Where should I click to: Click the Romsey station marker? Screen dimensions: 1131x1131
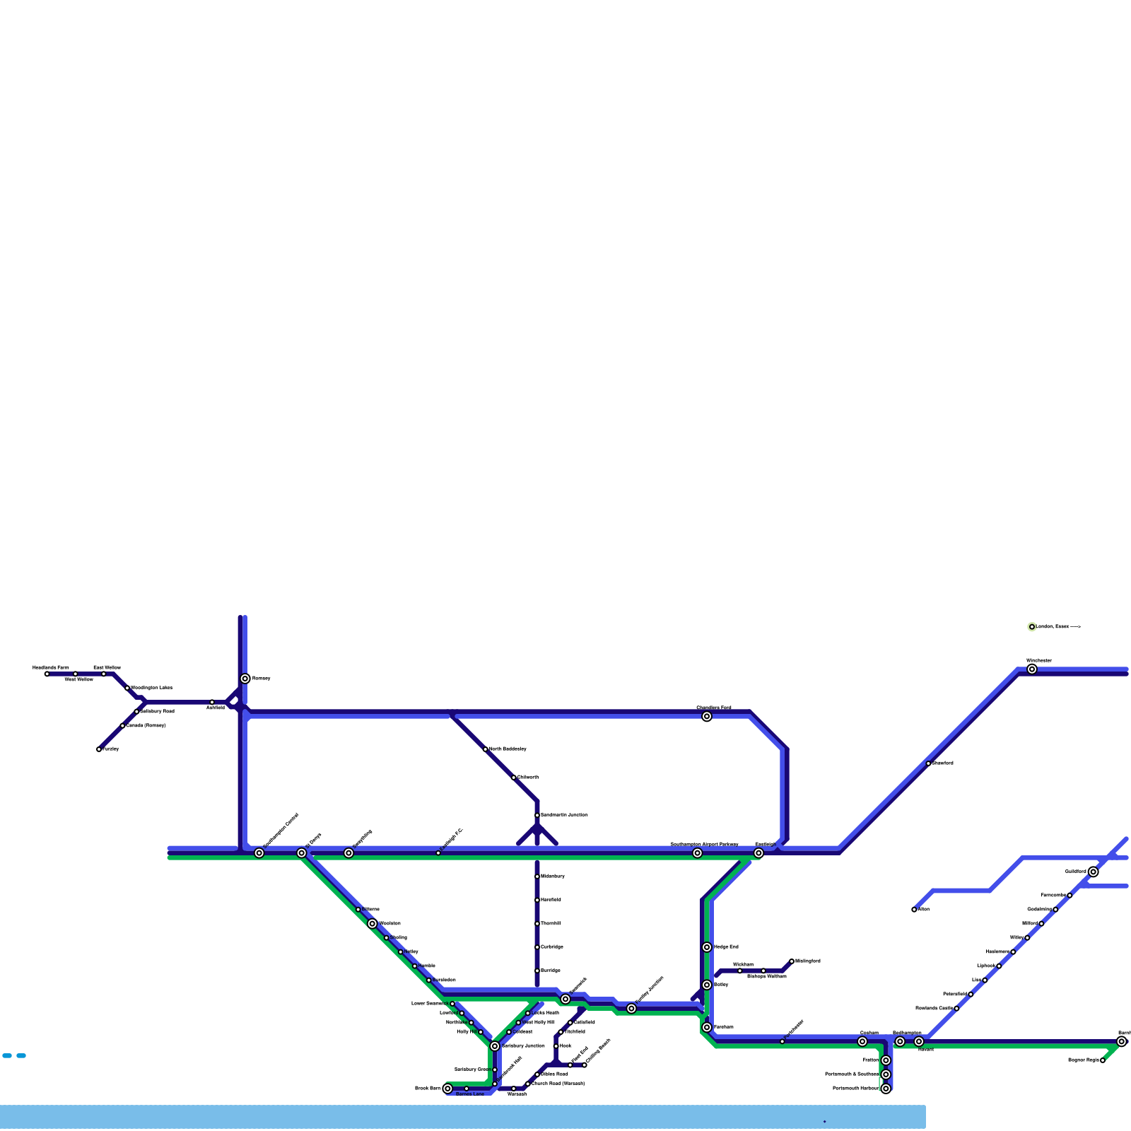coord(245,679)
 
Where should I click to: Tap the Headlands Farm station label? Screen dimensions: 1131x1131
coord(51,667)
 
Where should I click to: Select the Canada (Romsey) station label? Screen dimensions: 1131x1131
coord(146,725)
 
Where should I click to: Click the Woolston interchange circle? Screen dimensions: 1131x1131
coord(373,924)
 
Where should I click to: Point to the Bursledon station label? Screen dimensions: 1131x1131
coord(444,980)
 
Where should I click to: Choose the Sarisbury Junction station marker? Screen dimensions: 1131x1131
coord(495,1046)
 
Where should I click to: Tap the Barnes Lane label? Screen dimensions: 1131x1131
coord(470,1094)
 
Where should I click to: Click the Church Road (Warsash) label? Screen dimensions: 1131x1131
coord(558,1084)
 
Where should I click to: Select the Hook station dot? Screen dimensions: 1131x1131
coord(556,1045)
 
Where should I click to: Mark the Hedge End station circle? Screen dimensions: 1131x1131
coord(707,947)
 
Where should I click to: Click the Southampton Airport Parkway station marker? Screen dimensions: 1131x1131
coord(698,853)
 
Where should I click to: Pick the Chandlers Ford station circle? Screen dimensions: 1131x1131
coord(707,717)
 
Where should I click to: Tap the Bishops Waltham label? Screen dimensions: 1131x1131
coord(767,976)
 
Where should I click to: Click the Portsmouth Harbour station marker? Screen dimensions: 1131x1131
coord(886,1089)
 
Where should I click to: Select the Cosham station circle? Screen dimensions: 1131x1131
coord(862,1041)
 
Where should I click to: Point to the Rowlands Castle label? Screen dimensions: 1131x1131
coord(934,1008)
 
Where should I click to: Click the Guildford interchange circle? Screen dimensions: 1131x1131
coord(1094,872)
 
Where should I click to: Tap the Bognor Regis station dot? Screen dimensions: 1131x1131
coord(1103,1060)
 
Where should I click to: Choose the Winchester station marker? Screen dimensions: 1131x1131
coord(1032,669)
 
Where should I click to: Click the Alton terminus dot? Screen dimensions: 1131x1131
coord(914,910)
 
